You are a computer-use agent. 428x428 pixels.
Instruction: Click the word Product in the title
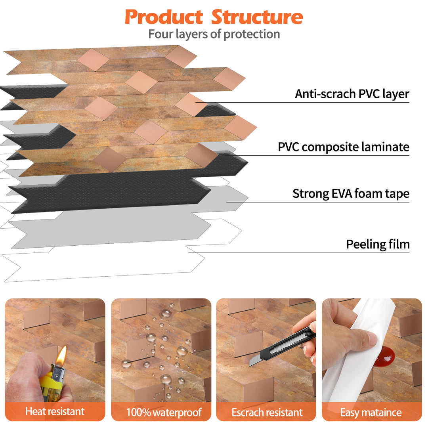tap(164, 17)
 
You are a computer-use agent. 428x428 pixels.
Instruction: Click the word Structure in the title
tap(257, 17)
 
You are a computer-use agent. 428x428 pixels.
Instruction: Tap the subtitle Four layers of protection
tap(214, 34)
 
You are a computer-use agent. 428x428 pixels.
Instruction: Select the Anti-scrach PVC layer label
tap(352, 94)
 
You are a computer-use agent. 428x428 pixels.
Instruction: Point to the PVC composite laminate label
tap(344, 147)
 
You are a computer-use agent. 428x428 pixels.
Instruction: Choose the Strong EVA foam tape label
tap(351, 194)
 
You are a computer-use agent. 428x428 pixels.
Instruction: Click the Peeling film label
tap(378, 244)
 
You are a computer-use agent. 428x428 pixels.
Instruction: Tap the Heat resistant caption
tap(55, 411)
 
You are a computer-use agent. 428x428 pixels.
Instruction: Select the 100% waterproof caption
tap(164, 412)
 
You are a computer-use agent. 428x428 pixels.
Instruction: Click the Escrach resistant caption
tap(267, 412)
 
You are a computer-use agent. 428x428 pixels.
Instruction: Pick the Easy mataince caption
tap(371, 412)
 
